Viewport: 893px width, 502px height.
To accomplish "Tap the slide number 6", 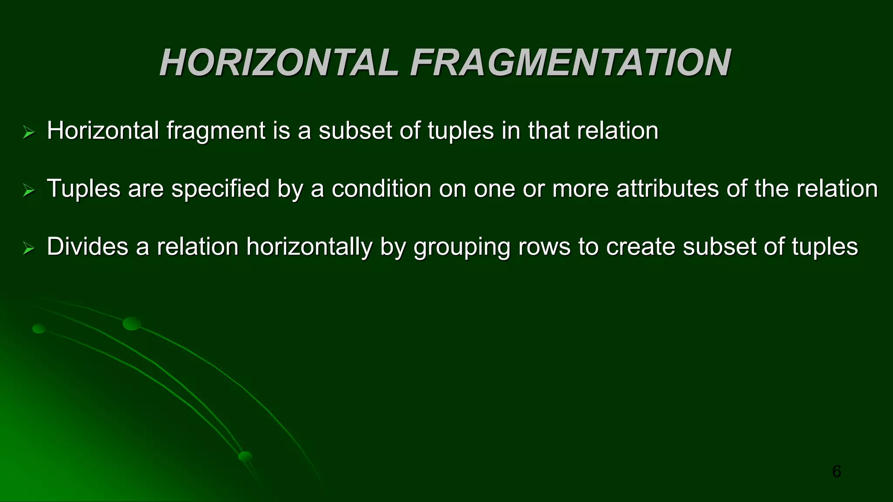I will [836, 471].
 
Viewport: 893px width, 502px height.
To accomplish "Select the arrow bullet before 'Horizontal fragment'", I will [29, 132].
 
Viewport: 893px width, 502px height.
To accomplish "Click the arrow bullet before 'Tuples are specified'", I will [29, 190].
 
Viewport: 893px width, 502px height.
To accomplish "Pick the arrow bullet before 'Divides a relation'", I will [29, 248].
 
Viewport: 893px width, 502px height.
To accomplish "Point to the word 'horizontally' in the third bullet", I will [309, 247].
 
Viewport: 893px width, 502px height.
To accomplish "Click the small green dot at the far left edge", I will [39, 329].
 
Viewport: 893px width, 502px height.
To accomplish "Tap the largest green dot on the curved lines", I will [132, 323].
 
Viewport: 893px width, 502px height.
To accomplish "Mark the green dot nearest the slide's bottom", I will [245, 457].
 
